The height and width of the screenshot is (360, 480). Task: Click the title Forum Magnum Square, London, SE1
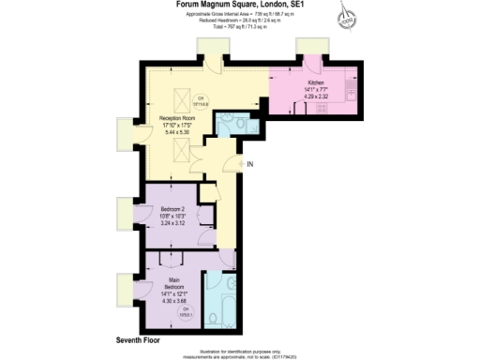point(238,6)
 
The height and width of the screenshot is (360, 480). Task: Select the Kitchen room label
point(316,82)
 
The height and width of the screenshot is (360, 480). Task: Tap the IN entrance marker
point(251,164)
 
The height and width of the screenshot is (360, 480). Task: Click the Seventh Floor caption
point(140,337)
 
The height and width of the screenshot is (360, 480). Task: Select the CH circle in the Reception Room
point(200,100)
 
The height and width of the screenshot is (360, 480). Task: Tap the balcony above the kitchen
point(310,49)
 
